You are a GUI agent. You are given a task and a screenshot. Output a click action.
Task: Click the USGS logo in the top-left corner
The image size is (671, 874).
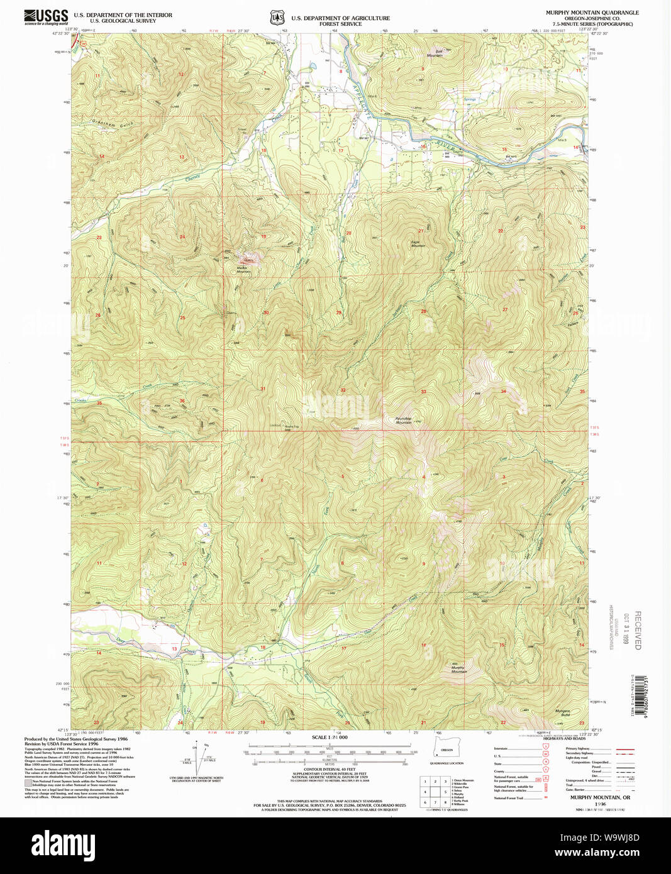(46, 17)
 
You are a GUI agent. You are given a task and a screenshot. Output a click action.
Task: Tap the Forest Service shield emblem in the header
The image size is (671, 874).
(277, 18)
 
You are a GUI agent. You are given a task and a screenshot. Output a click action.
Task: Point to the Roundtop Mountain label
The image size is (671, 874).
(404, 421)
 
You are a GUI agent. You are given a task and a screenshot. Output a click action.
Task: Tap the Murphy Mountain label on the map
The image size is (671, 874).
(458, 670)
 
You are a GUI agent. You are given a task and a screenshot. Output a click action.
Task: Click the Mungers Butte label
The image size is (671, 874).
(562, 712)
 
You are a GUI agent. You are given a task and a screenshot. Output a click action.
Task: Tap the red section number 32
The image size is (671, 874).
(343, 390)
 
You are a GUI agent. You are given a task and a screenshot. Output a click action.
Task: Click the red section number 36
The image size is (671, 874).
(182, 401)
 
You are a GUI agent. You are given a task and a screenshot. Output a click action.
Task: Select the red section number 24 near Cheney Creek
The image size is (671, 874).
(182, 237)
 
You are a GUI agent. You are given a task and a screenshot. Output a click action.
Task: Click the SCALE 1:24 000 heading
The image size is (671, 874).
(330, 737)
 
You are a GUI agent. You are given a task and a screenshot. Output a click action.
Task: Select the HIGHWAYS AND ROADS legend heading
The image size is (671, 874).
(565, 739)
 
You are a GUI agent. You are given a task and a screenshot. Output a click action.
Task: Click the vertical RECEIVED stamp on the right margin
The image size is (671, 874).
(637, 630)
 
